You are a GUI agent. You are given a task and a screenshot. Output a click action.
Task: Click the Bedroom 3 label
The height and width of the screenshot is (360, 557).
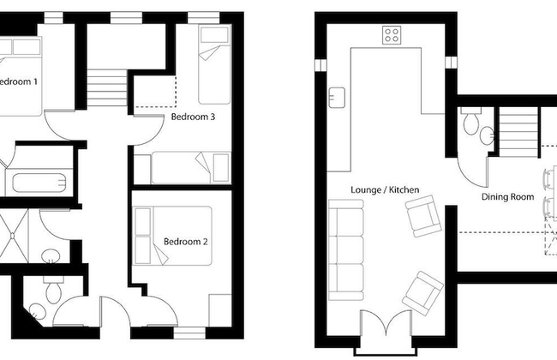193,117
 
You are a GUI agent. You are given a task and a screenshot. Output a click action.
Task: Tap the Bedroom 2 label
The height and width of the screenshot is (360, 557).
186,242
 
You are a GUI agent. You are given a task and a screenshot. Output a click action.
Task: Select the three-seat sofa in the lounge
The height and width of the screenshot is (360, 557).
347,248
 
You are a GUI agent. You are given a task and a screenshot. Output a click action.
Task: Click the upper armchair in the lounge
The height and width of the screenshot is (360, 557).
422,215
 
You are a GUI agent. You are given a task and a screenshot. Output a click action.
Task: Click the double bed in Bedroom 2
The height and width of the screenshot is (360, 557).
171,236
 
